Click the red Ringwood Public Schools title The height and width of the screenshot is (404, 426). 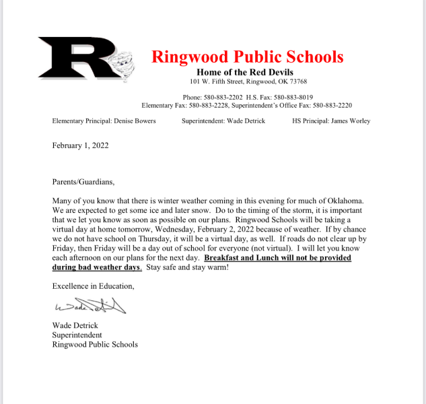pyautogui.click(x=247, y=57)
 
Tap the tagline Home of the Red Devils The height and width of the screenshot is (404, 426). pyautogui.click(x=245, y=72)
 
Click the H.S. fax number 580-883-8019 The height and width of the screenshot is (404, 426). pyautogui.click(x=291, y=97)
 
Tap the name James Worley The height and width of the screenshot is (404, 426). pyautogui.click(x=349, y=121)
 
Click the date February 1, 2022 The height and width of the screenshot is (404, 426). pyautogui.click(x=80, y=145)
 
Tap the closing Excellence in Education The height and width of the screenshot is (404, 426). pyautogui.click(x=93, y=286)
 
